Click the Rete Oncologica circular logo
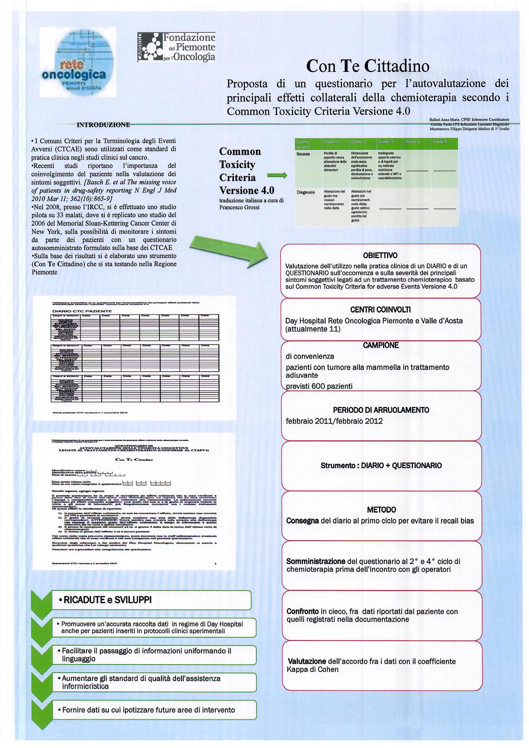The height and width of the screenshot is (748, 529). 77,62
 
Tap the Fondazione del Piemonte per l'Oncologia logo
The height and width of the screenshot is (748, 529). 176,47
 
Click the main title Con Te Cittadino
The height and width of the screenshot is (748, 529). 368,66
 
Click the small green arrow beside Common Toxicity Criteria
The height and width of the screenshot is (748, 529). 277,176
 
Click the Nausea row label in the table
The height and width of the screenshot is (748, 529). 303,154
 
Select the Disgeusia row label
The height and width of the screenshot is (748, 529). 305,192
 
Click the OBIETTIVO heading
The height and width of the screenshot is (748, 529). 380,255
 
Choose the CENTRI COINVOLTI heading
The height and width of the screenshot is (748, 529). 380,309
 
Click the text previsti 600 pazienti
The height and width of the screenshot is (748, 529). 319,386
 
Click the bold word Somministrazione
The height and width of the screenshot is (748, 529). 316,561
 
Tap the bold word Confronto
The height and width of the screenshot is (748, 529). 302,612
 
